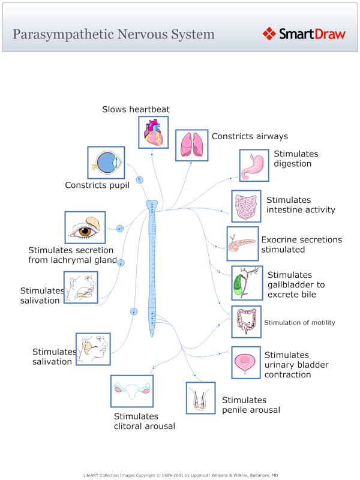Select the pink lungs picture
191,145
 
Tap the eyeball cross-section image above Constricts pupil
106,162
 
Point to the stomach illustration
254,165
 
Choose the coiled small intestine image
246,206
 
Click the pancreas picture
241,243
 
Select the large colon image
246,322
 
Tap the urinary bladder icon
246,362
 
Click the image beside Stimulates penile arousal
200,397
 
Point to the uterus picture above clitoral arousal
131,391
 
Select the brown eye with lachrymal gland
85,227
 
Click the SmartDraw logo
304,34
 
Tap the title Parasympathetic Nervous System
113,34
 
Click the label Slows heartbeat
136,109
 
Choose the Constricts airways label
250,136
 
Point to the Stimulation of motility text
299,323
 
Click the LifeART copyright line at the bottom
181,474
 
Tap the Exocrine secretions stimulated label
301,244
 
